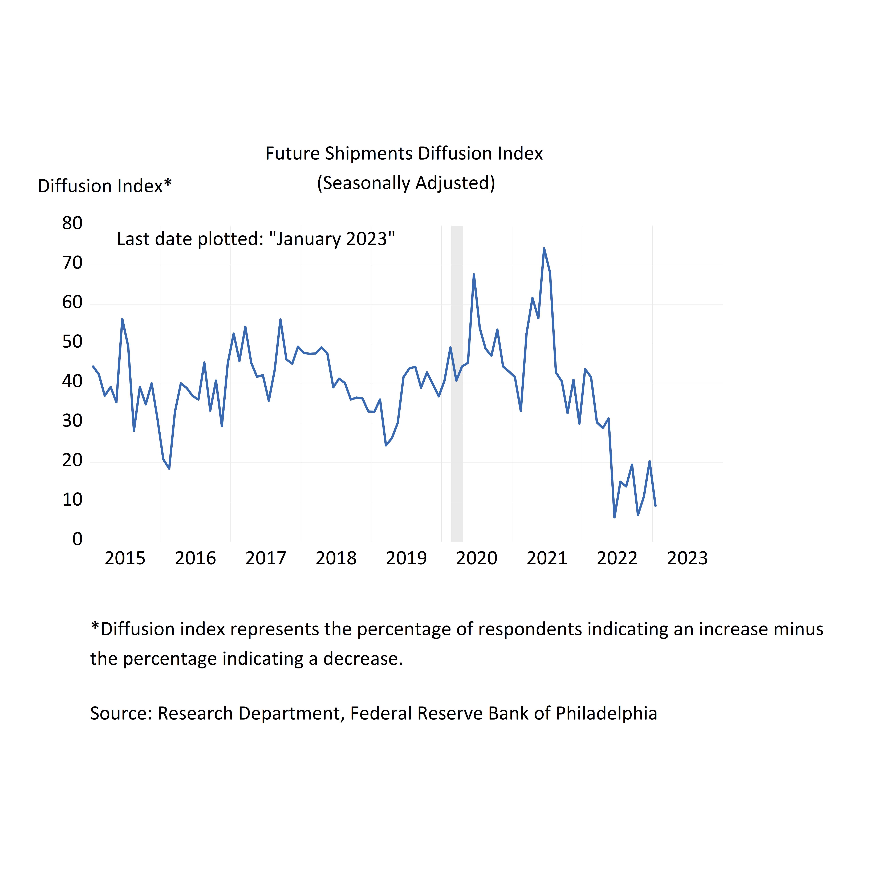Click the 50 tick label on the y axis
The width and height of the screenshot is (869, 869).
point(72,342)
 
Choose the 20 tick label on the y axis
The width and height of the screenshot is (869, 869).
point(72,461)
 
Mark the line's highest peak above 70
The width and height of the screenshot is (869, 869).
point(544,248)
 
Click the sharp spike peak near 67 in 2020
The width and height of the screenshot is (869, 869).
point(474,274)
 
